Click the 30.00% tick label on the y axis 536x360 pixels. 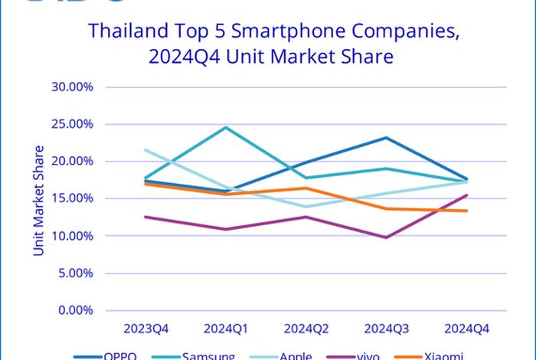[x=72, y=87]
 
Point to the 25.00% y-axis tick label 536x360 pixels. [x=72, y=124]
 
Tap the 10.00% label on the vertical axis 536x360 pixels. [x=72, y=236]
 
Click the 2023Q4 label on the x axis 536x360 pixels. [x=145, y=329]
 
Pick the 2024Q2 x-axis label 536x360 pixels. [x=306, y=329]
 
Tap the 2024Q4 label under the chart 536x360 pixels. [x=467, y=329]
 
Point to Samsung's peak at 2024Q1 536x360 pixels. [x=226, y=127]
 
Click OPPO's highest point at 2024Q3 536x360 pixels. [x=387, y=138]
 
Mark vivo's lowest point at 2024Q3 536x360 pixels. [x=387, y=237]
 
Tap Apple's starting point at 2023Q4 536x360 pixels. [x=145, y=150]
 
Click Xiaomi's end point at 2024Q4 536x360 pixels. [x=467, y=211]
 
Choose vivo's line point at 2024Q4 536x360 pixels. [x=467, y=195]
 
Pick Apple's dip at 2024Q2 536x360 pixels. [x=306, y=207]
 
